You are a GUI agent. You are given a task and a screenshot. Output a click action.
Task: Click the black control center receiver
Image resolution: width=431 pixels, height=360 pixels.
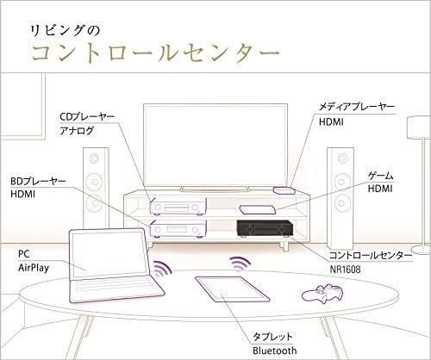(x=265, y=228)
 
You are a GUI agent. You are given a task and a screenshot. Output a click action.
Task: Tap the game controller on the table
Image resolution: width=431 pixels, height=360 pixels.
(x=322, y=293)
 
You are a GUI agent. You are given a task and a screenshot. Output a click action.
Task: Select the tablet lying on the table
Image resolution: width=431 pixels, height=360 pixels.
(x=232, y=289)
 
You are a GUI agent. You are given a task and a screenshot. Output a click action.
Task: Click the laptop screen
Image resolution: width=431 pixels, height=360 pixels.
(x=108, y=254)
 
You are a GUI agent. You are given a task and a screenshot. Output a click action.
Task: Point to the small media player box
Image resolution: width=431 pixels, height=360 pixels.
(x=284, y=190)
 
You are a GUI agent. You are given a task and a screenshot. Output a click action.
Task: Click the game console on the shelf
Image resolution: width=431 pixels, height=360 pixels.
(x=258, y=209)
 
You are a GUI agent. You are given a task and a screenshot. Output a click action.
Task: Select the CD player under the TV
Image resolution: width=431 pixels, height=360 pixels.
(x=178, y=207)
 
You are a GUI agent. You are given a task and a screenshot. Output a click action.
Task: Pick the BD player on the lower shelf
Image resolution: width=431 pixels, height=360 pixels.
(x=178, y=229)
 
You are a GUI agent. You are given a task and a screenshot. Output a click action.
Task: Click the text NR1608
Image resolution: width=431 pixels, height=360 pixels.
(x=345, y=270)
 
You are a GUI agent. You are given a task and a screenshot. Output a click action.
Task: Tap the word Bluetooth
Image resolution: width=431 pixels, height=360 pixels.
(x=274, y=351)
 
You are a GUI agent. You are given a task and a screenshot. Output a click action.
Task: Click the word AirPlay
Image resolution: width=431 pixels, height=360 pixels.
(x=34, y=268)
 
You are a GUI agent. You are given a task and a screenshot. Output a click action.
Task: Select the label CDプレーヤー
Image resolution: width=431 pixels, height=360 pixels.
(x=87, y=116)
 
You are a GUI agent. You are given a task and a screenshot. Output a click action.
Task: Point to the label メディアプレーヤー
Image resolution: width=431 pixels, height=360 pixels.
(x=357, y=107)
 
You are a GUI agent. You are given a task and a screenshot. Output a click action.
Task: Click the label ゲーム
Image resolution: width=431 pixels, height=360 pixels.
(x=380, y=176)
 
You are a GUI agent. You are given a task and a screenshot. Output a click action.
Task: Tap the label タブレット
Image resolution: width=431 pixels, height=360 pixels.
(x=272, y=337)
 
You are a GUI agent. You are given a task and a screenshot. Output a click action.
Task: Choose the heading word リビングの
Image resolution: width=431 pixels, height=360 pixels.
(x=65, y=31)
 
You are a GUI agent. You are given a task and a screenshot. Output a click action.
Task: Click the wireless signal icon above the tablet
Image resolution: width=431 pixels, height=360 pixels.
(x=240, y=262)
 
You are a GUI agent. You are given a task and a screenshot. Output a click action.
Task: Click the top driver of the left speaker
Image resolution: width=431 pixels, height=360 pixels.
(x=94, y=158)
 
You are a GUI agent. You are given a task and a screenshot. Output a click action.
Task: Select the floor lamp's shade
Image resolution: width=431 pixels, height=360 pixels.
(x=419, y=127)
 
